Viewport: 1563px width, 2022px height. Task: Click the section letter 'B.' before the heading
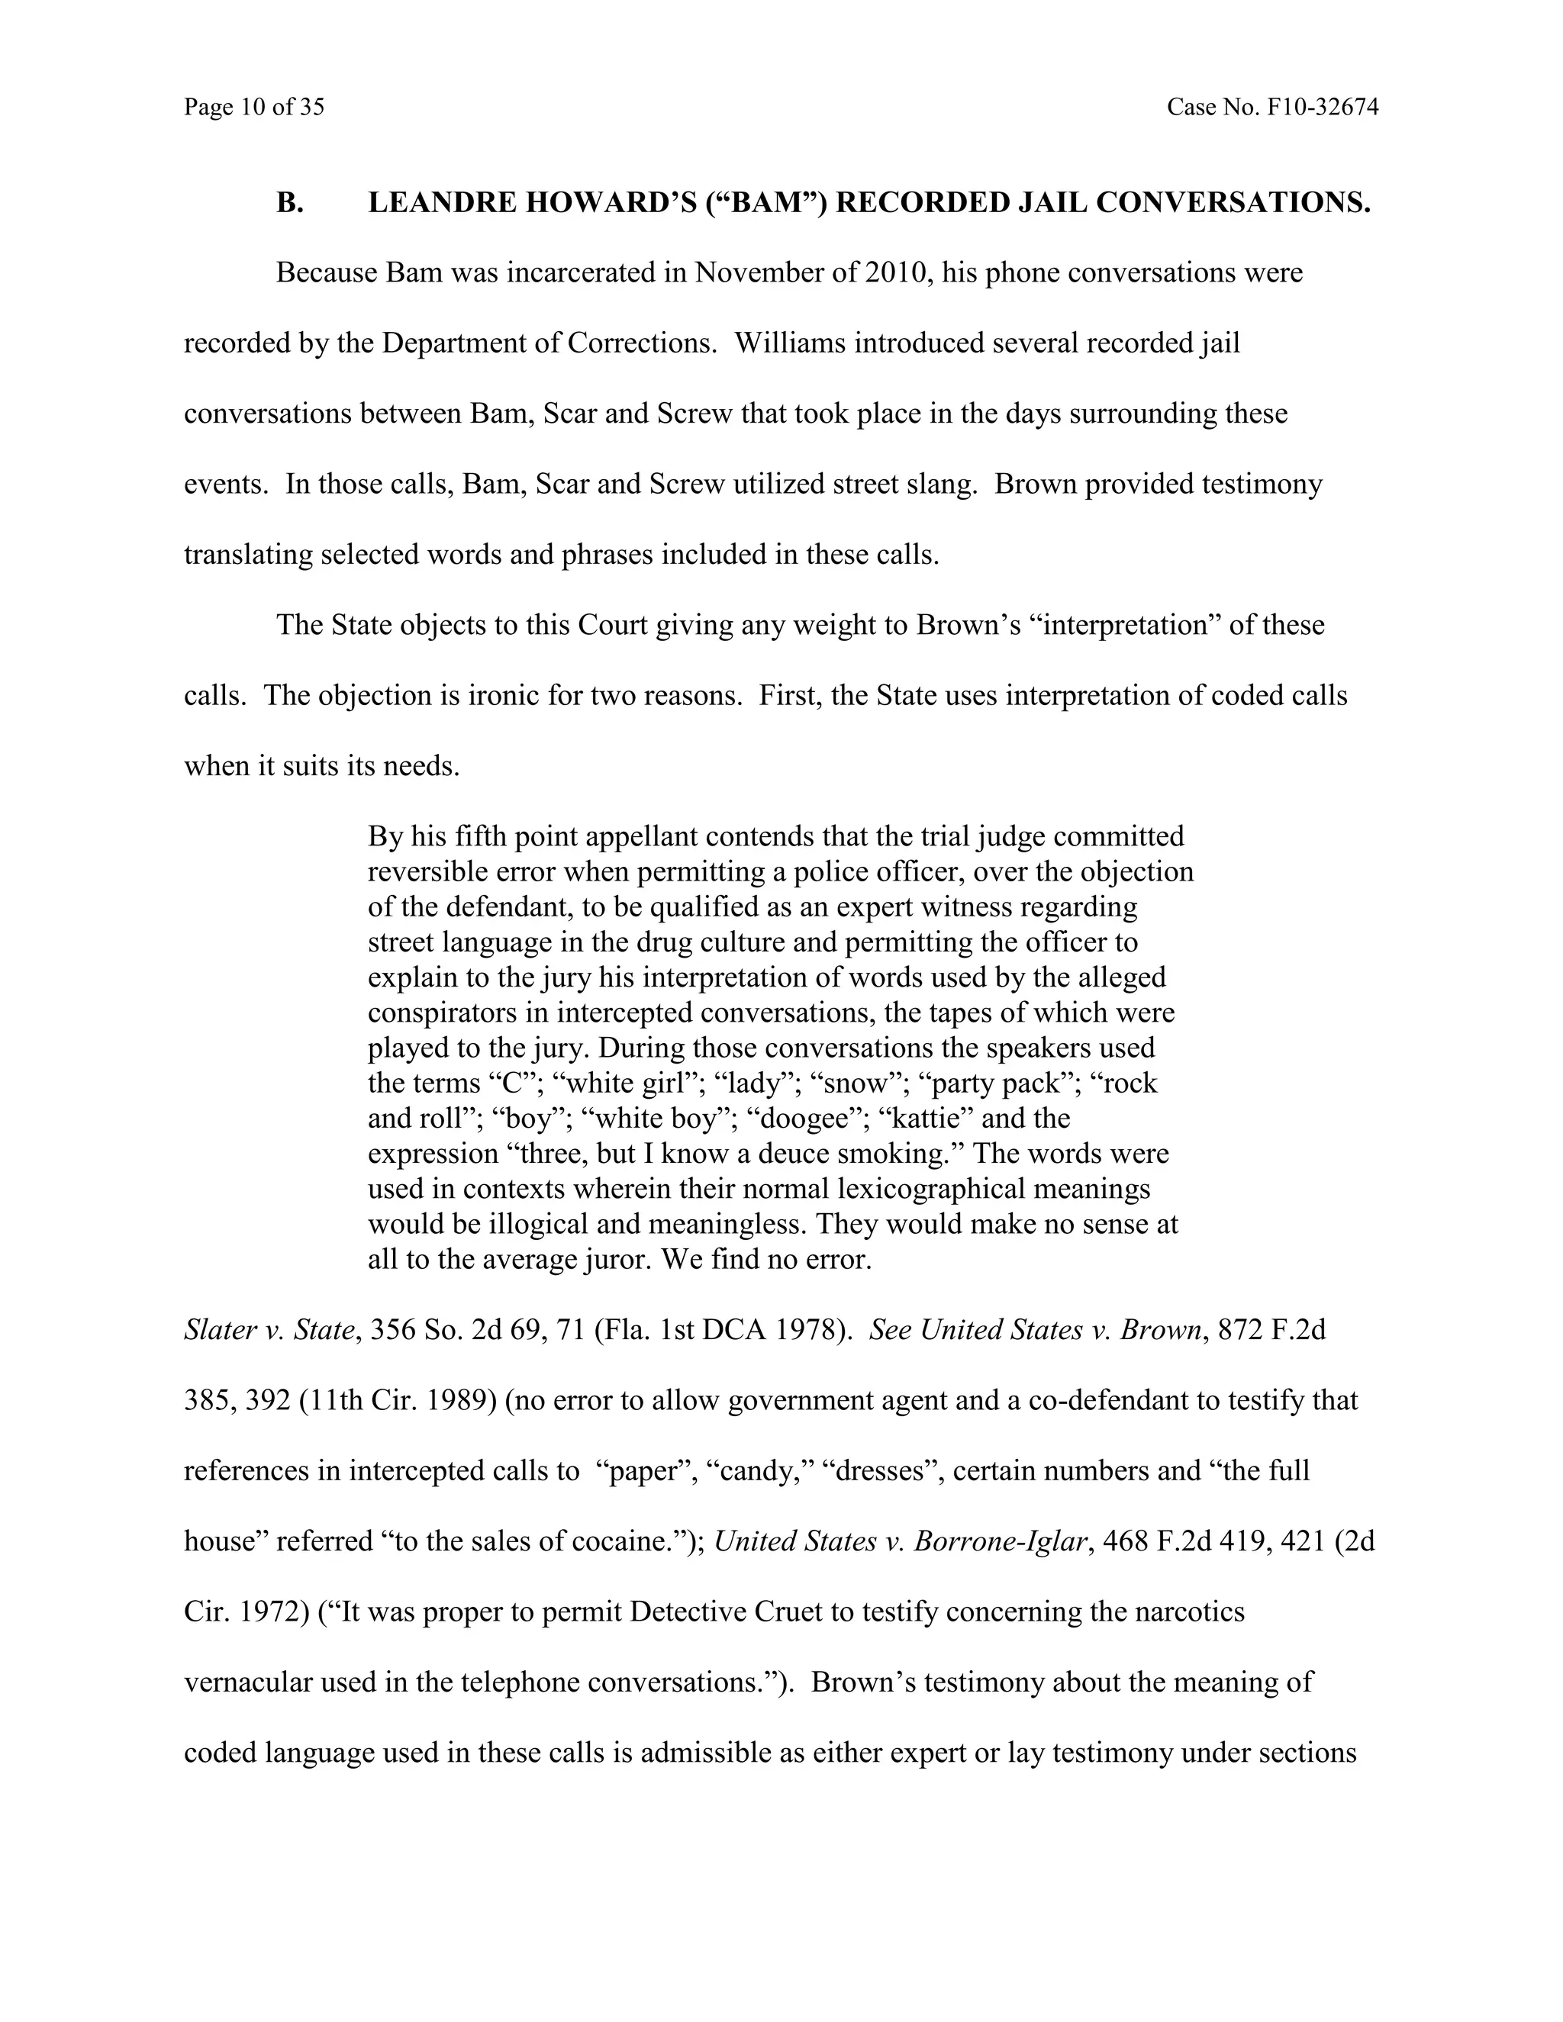[290, 203]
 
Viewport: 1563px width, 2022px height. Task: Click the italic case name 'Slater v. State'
[269, 1331]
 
